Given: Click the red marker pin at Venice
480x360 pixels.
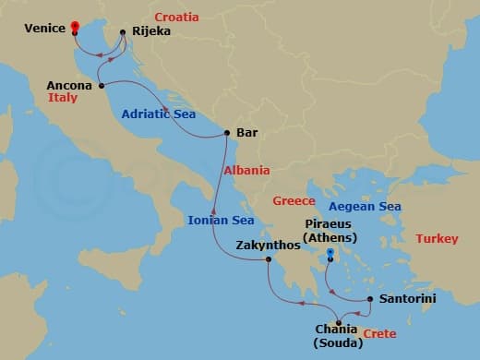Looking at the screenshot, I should (x=75, y=26).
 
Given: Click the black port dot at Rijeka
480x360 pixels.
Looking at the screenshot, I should (x=123, y=31).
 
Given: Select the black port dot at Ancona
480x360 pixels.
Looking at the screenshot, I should (x=100, y=86).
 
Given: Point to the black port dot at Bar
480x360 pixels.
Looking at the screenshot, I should (x=226, y=133).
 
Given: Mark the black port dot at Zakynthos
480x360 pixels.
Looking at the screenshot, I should (x=269, y=260).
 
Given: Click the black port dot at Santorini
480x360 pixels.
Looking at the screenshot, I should (x=370, y=299).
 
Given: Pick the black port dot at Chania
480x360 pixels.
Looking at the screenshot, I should (x=339, y=322).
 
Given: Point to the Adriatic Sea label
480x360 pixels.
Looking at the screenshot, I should (x=158, y=114).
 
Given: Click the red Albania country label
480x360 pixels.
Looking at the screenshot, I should (x=246, y=170).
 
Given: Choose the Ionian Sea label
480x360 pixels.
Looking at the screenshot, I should (x=221, y=220).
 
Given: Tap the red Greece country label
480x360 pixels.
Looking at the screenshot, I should (x=294, y=200).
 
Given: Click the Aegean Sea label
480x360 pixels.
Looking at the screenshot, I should (x=365, y=206).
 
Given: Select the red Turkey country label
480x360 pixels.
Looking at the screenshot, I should (x=436, y=238).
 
